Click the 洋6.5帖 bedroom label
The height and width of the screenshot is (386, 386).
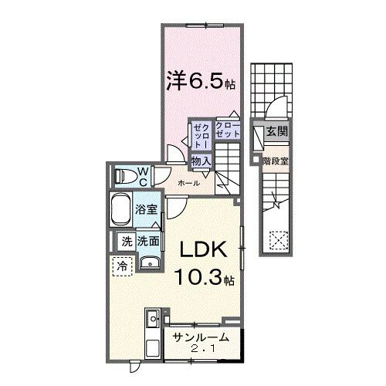[200, 80]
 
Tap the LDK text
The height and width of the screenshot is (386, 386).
[204, 249]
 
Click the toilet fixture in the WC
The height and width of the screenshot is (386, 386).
[122, 177]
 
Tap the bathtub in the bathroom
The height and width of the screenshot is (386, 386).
[122, 209]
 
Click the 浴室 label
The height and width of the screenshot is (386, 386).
[146, 209]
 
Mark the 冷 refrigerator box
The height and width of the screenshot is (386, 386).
[123, 266]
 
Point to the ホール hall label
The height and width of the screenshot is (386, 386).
[189, 183]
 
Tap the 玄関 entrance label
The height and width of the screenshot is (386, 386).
[276, 132]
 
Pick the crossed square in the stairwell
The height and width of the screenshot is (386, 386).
[276, 241]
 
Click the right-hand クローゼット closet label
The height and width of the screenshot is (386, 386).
[228, 130]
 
